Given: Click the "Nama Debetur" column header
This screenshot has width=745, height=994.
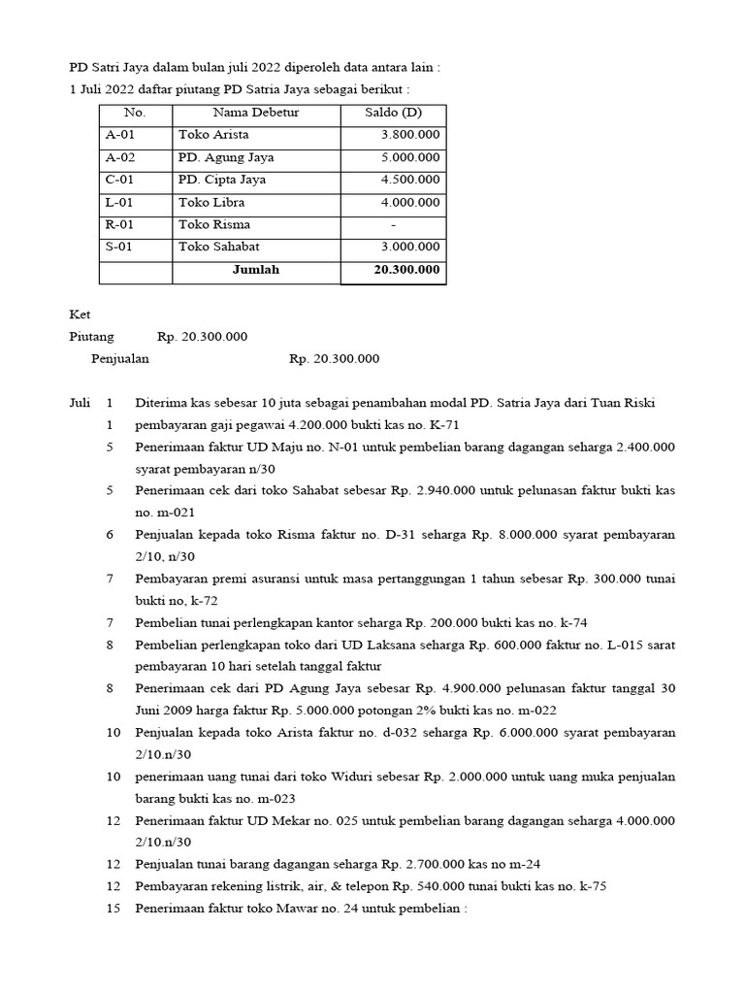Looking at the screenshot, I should pos(256,114).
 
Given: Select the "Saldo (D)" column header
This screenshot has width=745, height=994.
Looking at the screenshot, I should pos(393,114).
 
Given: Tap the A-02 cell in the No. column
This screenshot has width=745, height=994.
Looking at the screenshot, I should pos(120,157).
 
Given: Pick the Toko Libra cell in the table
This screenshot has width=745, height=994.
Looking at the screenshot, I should pos(211,203).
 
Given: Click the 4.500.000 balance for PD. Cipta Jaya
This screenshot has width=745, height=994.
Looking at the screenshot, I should pos(410,181).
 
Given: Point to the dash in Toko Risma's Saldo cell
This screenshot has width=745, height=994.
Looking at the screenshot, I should pos(393,225).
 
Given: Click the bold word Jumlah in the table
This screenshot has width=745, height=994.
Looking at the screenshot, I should pos(255,270).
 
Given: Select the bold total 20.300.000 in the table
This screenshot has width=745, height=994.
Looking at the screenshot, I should pos(406,270).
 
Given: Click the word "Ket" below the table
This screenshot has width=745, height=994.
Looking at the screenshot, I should pos(79,315).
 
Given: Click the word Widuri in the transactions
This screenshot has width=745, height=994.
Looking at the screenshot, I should pos(357,777).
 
